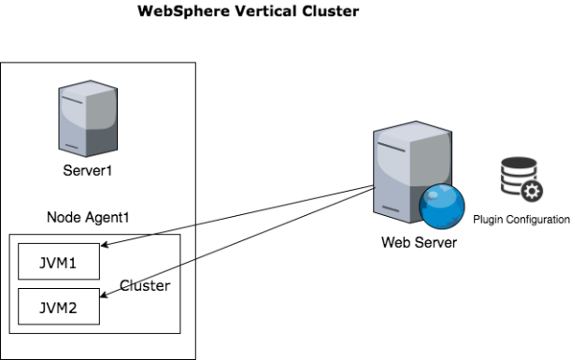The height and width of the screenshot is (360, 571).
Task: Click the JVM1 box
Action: (59, 261)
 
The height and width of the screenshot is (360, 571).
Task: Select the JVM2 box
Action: (59, 307)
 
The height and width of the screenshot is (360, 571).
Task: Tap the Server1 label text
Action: (88, 170)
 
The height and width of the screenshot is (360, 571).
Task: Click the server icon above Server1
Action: (88, 119)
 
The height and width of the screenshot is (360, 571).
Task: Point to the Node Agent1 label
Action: (88, 218)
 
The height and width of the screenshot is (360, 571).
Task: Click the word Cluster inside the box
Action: (145, 286)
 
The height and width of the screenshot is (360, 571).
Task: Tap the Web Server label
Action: (420, 242)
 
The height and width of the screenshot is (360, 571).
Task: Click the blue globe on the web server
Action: (442, 207)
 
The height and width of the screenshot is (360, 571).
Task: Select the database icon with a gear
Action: (521, 180)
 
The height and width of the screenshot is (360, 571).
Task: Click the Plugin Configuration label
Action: (521, 220)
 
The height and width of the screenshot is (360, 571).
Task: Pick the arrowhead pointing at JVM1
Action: (105, 244)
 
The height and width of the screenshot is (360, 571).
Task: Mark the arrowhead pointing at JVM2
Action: (104, 295)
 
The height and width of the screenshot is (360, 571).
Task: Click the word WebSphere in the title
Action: (183, 11)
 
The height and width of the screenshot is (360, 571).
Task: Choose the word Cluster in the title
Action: (330, 11)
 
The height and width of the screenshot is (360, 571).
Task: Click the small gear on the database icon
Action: (532, 192)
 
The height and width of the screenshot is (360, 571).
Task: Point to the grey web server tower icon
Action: (412, 172)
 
